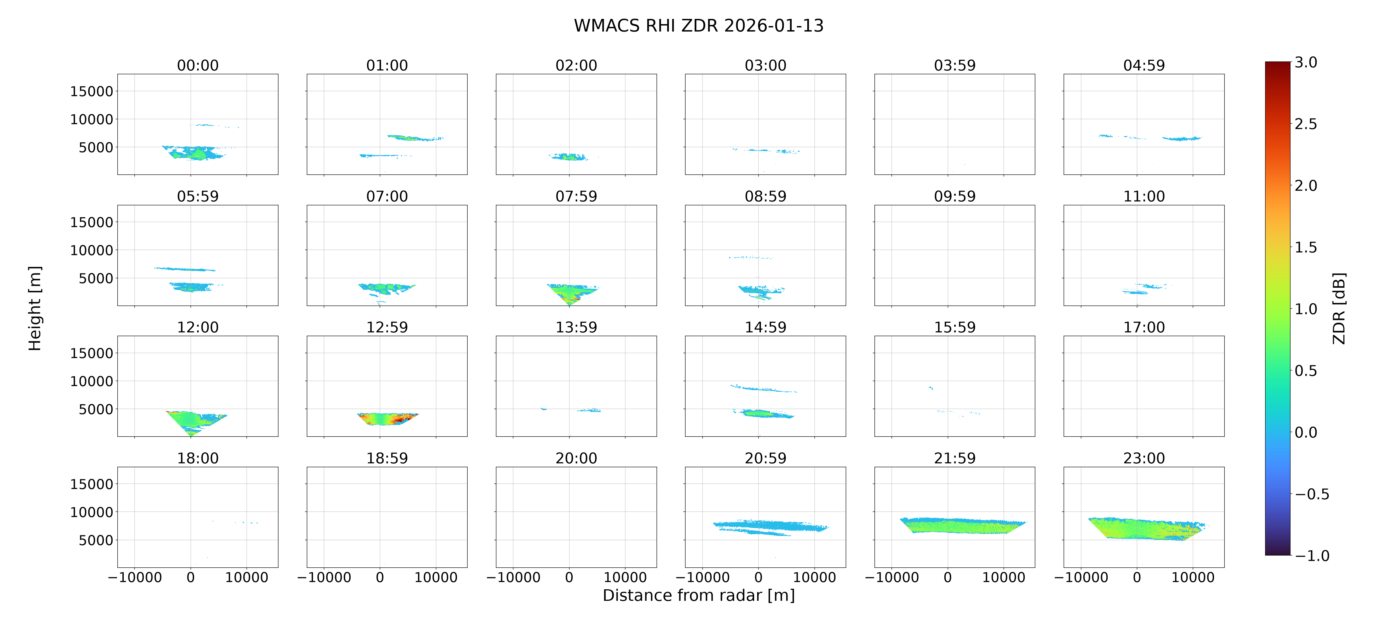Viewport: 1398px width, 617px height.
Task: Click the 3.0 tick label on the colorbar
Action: (1306, 63)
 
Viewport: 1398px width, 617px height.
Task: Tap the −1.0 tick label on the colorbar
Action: (1312, 556)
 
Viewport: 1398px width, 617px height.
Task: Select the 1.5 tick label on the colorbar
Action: (1306, 248)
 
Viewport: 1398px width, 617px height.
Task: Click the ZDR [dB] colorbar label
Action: (1339, 308)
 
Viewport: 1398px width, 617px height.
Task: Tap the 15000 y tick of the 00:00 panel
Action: (92, 91)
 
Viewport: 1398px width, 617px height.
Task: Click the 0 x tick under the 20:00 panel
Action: (569, 577)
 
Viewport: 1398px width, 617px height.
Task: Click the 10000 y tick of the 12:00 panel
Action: (92, 381)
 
